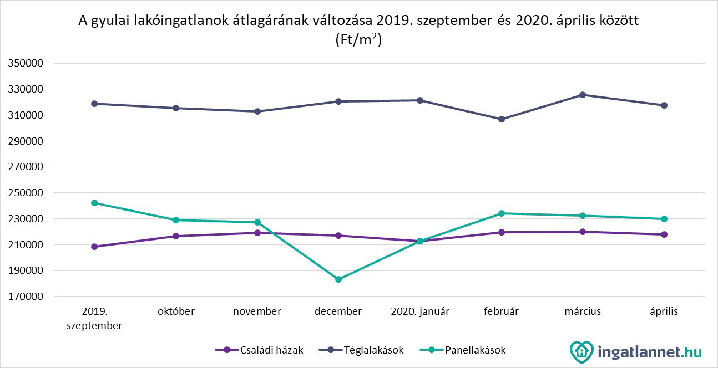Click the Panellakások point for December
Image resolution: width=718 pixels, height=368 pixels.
(338, 279)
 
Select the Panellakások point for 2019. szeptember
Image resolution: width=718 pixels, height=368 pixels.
(94, 203)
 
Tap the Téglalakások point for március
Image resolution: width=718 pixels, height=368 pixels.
(583, 95)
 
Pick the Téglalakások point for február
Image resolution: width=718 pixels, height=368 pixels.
(502, 119)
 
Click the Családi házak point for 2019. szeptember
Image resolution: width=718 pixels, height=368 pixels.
(94, 247)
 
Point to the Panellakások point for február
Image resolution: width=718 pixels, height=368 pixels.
(502, 213)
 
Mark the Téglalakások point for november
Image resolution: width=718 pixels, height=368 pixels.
(257, 111)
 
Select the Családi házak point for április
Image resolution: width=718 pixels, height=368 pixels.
(664, 234)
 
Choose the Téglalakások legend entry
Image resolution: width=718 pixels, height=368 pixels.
(363, 350)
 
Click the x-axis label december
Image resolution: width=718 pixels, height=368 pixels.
(338, 311)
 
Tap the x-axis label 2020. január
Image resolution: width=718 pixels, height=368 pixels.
(420, 311)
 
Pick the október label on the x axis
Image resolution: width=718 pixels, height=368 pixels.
(176, 311)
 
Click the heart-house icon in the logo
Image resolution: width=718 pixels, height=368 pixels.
(582, 352)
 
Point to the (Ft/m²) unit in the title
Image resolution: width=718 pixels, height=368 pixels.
(358, 40)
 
